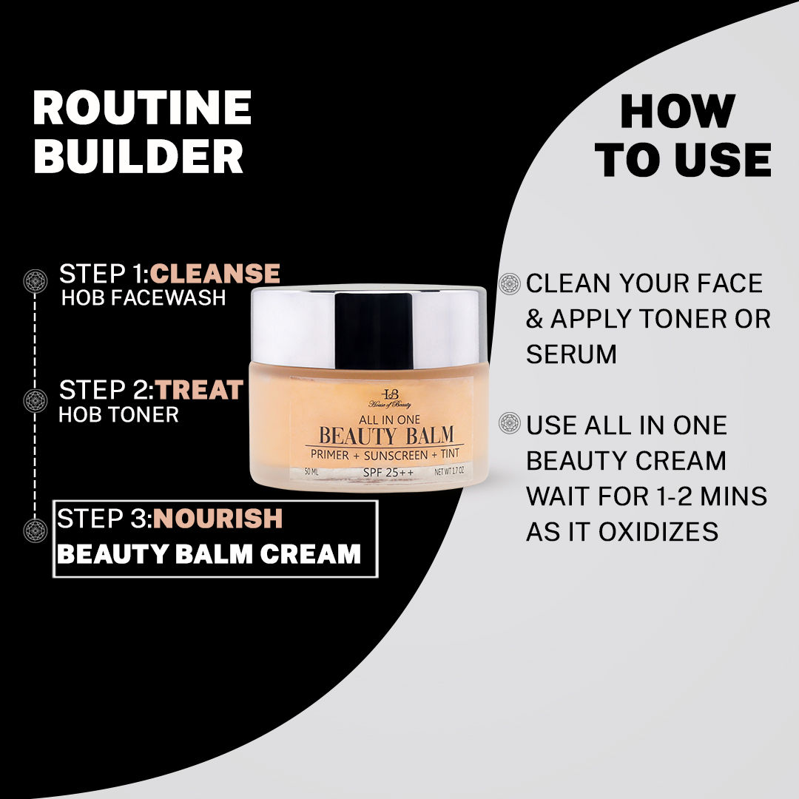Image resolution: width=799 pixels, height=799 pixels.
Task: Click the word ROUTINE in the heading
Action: pos(142,109)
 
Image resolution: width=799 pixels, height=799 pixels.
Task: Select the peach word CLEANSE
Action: pos(215,274)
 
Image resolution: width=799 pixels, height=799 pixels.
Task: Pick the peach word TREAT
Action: pos(199,390)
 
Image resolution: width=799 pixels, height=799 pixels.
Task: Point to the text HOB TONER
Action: pos(118,414)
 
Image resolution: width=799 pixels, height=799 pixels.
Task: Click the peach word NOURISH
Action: pos(218,519)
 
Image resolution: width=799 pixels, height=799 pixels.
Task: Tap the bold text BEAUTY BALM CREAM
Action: pos(209,554)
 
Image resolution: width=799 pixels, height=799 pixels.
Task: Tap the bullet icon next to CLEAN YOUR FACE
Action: pos(510,283)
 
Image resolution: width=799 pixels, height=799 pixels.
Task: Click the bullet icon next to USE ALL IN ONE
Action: pos(510,424)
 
